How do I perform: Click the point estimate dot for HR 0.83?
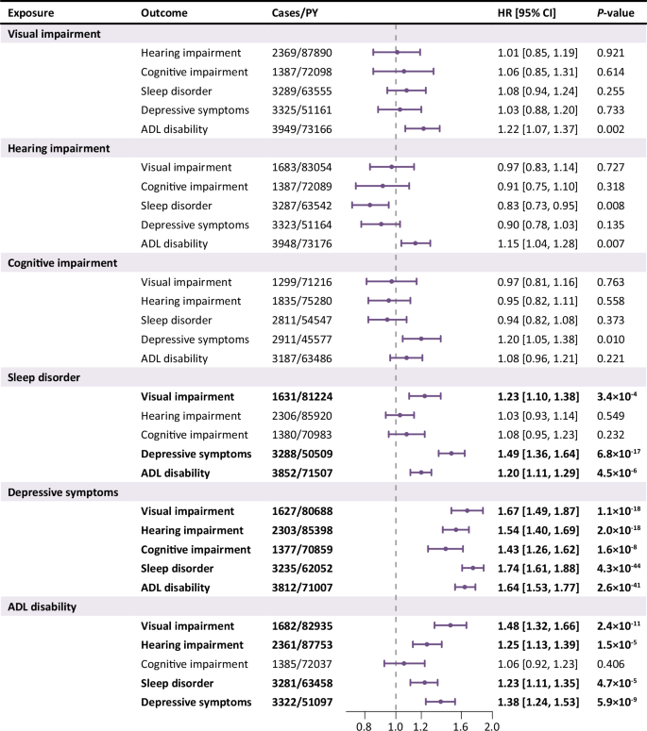368,205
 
